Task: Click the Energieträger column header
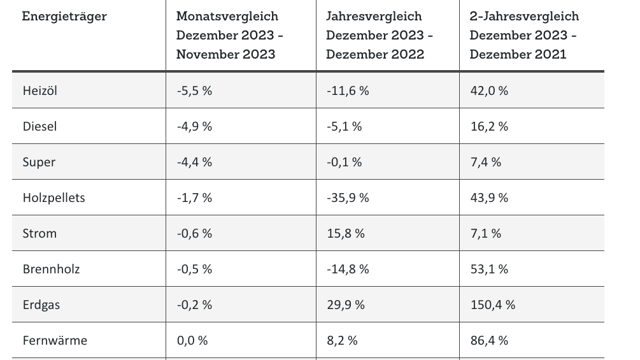64,16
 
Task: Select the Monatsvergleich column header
230,35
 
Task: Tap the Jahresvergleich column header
380,35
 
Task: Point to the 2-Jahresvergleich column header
524,35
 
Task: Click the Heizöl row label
40,90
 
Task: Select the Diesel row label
40,126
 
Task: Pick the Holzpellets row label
53,198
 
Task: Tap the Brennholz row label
51,269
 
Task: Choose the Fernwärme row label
55,340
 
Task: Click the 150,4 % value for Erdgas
492,305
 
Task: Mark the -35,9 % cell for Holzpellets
348,198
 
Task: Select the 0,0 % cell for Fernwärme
192,340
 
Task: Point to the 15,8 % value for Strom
345,233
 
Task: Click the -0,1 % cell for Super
344,162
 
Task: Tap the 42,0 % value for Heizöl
488,90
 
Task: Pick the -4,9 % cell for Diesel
194,126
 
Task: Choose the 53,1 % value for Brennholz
488,269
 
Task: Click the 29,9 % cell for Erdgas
345,305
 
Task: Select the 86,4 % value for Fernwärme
488,340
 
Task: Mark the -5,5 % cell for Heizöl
194,90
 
